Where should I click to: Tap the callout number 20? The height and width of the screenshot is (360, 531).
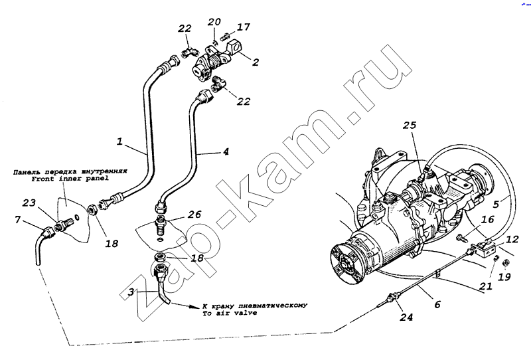click(212, 22)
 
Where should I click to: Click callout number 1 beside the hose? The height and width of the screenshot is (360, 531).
click(120, 141)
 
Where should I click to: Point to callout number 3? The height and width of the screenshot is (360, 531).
click(131, 292)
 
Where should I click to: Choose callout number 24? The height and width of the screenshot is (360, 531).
click(406, 317)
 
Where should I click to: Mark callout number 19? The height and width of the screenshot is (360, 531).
click(505, 277)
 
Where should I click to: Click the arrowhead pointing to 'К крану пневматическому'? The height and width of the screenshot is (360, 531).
click(195, 306)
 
